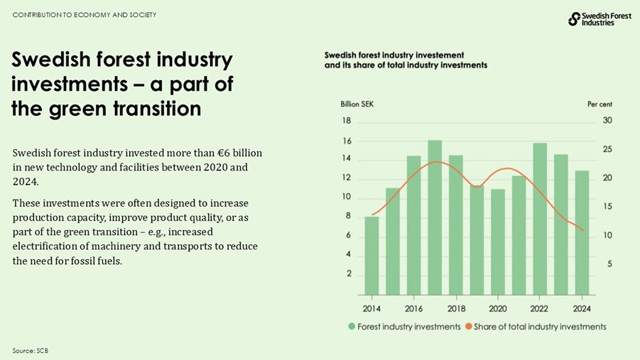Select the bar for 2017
click(x=435, y=217)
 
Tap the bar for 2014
click(x=371, y=256)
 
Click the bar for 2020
click(x=498, y=241)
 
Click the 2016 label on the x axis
click(x=414, y=309)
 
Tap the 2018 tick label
click(x=456, y=309)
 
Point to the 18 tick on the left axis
click(x=348, y=121)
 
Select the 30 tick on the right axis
click(x=607, y=121)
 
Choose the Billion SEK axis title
click(x=357, y=104)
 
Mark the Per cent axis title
click(x=600, y=104)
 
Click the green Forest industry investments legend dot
click(x=352, y=327)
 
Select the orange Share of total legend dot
click(x=468, y=327)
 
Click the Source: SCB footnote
click(x=30, y=351)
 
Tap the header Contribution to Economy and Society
click(x=84, y=15)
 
